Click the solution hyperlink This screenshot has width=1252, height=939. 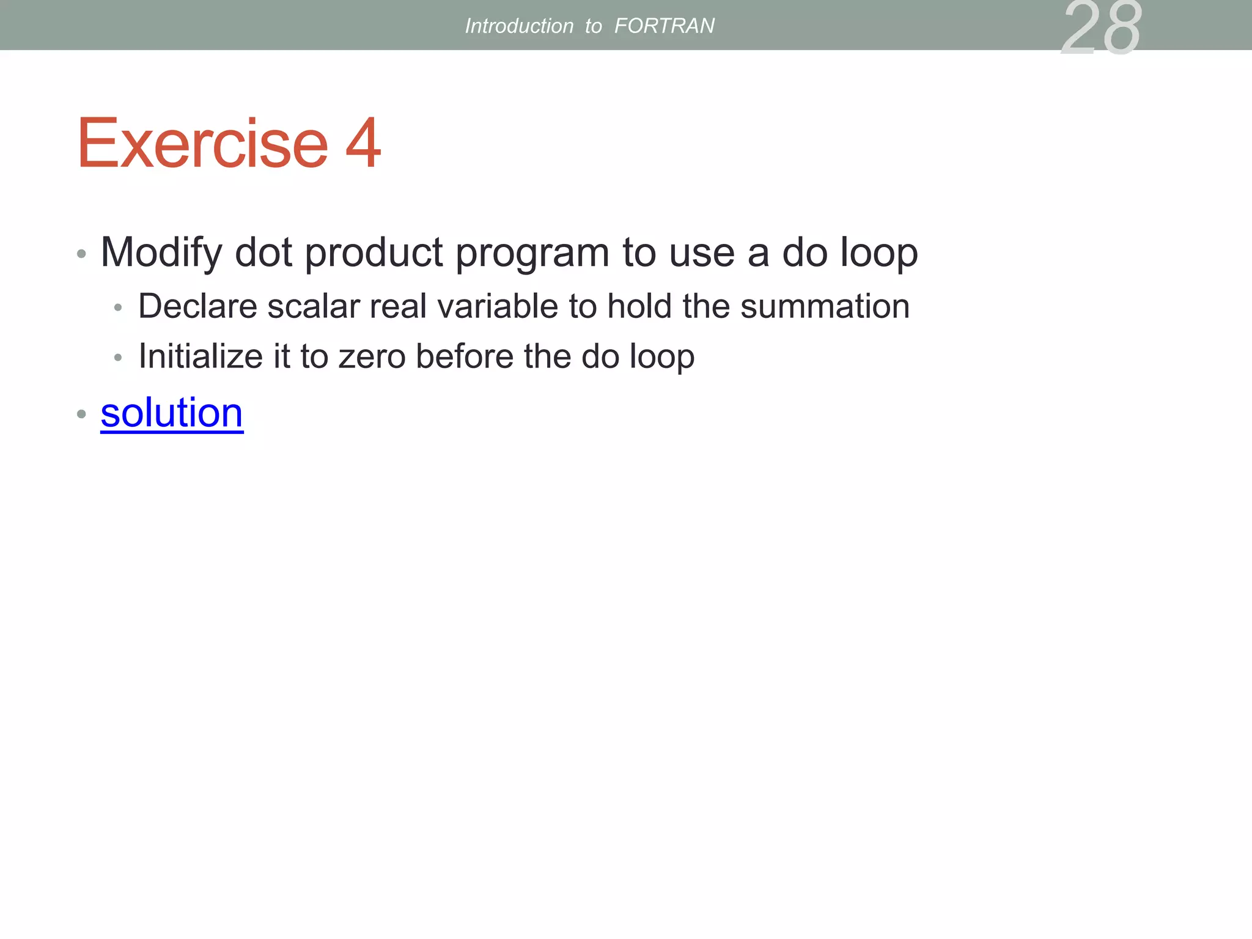coord(172,413)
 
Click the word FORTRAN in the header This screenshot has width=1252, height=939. coord(664,26)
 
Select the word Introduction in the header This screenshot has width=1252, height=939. coord(519,26)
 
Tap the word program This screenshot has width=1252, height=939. coord(532,253)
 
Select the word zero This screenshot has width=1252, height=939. coord(372,356)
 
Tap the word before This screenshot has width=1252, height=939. coord(465,356)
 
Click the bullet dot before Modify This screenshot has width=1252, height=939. coord(81,254)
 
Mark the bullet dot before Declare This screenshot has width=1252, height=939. coord(118,307)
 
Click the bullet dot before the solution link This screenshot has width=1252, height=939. coord(81,414)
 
